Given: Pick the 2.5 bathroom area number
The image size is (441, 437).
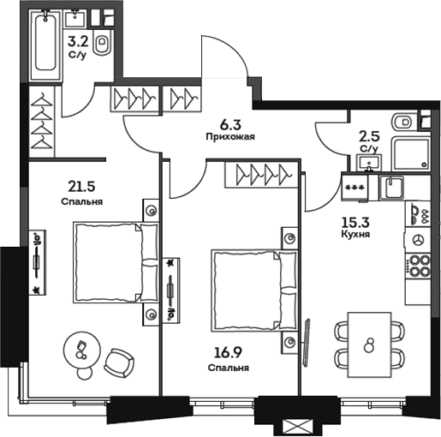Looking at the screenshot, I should click(369, 135).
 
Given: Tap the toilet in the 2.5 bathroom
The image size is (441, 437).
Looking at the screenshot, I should click(402, 121).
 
